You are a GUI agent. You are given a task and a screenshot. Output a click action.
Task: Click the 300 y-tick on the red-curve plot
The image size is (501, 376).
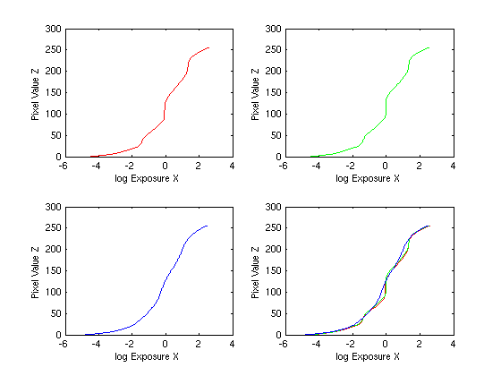(53, 29)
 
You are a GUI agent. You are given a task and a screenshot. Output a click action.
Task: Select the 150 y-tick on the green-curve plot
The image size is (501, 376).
(273, 93)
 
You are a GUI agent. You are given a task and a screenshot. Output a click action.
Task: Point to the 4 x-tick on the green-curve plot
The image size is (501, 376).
(453, 166)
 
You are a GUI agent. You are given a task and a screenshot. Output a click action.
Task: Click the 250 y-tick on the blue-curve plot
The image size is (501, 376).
(53, 228)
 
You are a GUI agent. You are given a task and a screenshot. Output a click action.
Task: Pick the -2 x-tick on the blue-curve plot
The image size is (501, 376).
(129, 344)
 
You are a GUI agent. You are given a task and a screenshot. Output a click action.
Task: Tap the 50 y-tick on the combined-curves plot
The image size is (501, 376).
(276, 313)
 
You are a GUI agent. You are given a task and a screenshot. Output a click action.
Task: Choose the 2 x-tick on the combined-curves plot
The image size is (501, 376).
(420, 344)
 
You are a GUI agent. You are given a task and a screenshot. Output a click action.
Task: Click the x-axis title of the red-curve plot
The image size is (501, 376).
(147, 178)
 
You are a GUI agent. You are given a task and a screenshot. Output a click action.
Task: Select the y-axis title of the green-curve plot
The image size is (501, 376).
(255, 94)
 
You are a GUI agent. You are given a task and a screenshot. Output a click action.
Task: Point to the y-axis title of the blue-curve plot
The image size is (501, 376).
(35, 272)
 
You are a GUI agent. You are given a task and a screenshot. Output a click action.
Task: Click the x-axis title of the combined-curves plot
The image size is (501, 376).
(368, 356)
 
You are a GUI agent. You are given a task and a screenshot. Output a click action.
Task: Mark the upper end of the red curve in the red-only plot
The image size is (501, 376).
(209, 48)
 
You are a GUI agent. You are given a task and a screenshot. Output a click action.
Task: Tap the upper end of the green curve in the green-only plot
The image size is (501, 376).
(429, 48)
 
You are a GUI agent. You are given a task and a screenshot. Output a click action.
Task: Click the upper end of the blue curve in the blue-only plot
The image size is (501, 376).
(207, 226)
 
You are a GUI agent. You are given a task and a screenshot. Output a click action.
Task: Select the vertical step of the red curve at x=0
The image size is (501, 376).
(165, 111)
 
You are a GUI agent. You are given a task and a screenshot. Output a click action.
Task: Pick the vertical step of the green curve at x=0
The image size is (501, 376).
(386, 107)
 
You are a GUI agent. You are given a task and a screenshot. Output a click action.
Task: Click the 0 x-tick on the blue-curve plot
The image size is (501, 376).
(165, 344)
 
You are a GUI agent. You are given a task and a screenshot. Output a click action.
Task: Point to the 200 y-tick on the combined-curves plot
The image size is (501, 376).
(273, 250)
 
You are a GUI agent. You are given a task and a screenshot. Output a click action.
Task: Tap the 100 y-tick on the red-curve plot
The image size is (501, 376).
(53, 115)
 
